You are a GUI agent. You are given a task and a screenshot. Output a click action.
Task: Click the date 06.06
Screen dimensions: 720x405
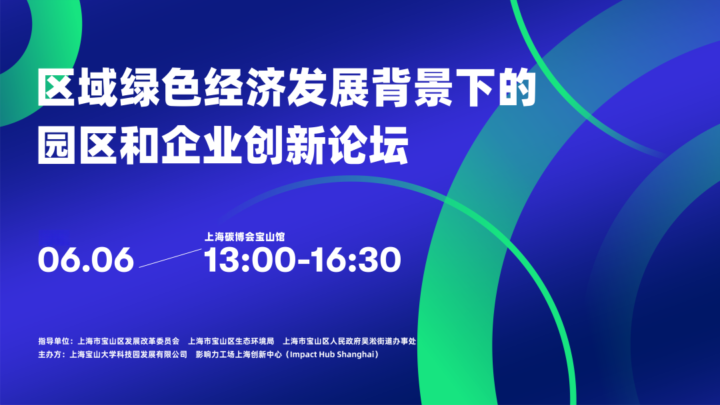coord(86,260)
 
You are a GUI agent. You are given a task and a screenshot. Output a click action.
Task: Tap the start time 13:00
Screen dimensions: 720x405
coord(249,260)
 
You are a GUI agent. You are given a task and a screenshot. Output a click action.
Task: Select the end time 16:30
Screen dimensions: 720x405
coord(356,260)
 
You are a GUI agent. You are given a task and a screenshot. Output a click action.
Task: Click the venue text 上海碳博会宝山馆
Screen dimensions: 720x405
coord(244,236)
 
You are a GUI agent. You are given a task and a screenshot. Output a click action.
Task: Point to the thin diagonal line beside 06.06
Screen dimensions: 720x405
coord(171,258)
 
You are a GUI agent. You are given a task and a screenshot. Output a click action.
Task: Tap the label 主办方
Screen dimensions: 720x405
coord(49,354)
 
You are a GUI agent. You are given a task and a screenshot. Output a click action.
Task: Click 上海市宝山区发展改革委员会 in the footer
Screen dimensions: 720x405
coord(129,341)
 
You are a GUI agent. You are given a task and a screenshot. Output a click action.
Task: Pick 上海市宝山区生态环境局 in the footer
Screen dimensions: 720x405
coord(231,341)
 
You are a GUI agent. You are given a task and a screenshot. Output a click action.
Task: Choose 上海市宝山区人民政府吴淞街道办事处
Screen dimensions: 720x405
coord(349,341)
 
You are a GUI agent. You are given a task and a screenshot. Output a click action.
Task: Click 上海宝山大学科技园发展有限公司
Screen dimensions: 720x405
coord(129,354)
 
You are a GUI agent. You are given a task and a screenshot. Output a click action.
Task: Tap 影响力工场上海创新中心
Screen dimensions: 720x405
coord(239,354)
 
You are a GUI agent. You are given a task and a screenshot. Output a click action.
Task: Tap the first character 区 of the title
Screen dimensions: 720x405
coord(56,87)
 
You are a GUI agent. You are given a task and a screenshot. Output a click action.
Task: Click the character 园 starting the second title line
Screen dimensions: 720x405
coord(56,145)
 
